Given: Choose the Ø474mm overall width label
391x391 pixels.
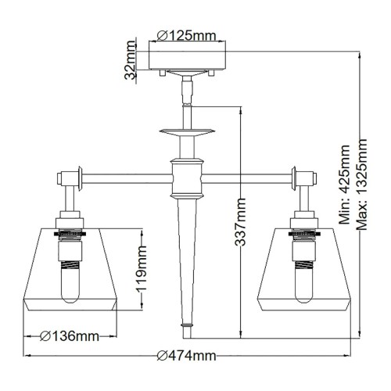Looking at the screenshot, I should click(x=185, y=356).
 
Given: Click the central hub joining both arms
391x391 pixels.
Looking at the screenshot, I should click(x=186, y=178).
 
